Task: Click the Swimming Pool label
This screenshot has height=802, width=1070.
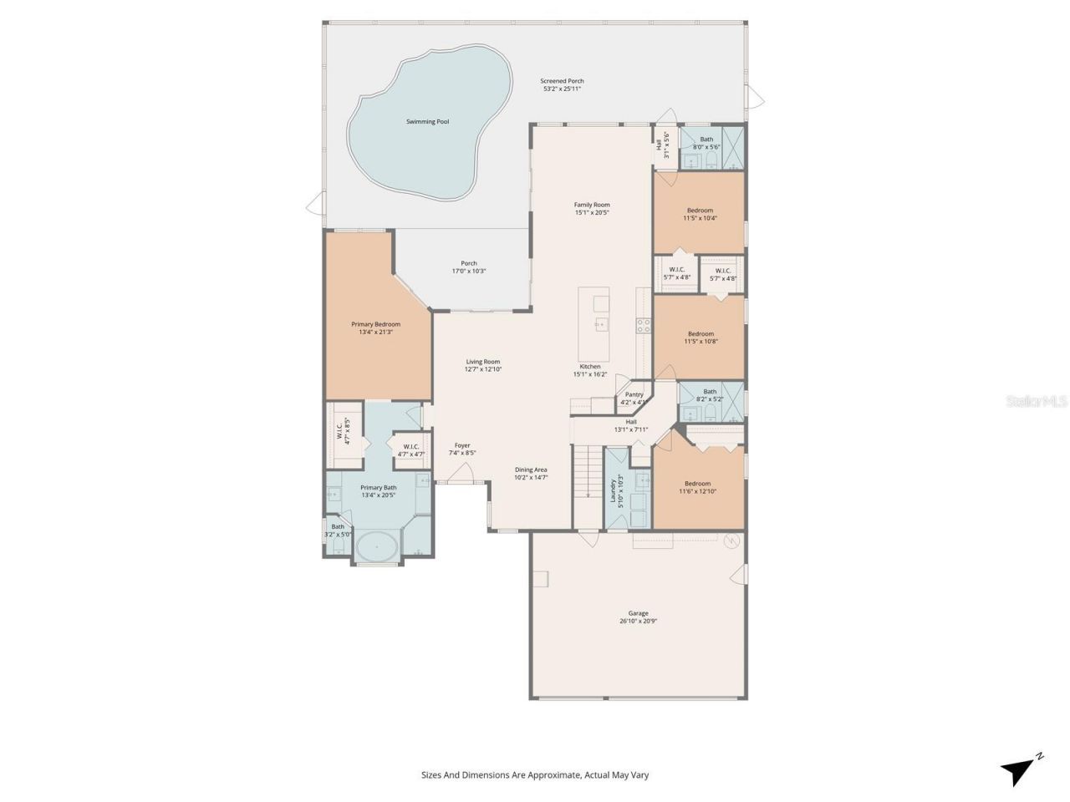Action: [427, 121]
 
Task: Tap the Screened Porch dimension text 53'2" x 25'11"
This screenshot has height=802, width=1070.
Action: [562, 89]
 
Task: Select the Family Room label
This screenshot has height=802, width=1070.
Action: [592, 205]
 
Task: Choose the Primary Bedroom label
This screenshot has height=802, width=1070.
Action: [375, 324]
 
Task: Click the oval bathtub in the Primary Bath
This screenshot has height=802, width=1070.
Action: [377, 548]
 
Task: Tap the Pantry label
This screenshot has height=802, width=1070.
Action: [634, 394]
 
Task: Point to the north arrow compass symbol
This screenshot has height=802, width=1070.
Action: [1022, 768]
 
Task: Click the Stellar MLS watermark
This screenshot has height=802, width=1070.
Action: [1037, 401]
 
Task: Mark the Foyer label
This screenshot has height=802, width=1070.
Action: [462, 445]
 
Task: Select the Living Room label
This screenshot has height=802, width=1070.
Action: [483, 362]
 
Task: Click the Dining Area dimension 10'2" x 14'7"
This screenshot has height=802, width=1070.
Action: [531, 478]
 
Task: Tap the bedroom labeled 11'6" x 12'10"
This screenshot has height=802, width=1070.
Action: [698, 487]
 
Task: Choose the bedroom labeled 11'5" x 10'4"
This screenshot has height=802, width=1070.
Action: [700, 214]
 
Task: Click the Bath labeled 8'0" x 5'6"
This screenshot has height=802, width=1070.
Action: [706, 143]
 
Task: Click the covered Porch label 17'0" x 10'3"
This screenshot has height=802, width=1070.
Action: [469, 267]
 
